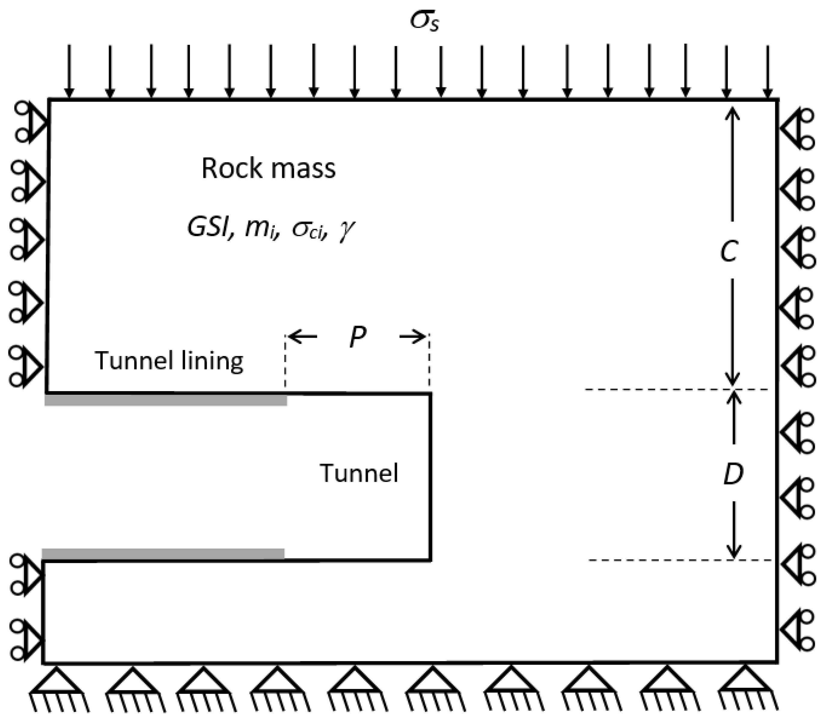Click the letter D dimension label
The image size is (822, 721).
(733, 474)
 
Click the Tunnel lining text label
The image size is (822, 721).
(169, 360)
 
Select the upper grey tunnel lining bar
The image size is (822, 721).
(166, 400)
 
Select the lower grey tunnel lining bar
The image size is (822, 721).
(163, 553)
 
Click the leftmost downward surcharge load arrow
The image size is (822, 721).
(69, 71)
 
